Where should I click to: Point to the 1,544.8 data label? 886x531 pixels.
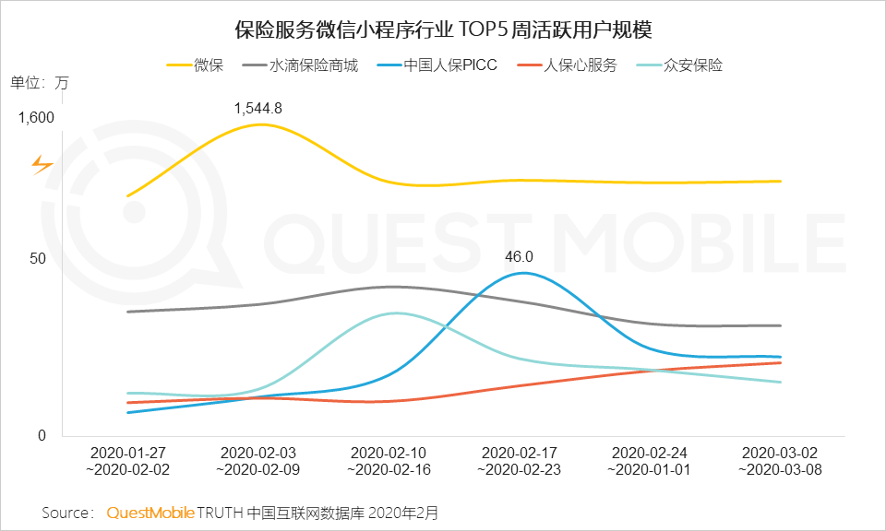257,108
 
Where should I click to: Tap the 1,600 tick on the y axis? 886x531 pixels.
36,117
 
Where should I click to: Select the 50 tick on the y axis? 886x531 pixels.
38,258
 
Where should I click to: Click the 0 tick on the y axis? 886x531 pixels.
42,435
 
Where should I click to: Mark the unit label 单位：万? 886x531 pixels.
39,82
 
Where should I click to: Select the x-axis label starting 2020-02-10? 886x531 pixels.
389,461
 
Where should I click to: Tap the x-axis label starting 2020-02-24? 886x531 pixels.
650,461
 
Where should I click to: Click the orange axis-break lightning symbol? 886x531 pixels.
42,165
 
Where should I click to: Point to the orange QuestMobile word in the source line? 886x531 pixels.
150,512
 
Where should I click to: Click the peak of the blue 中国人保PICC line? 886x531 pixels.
522,273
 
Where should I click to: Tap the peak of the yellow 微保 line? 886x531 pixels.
261,124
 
